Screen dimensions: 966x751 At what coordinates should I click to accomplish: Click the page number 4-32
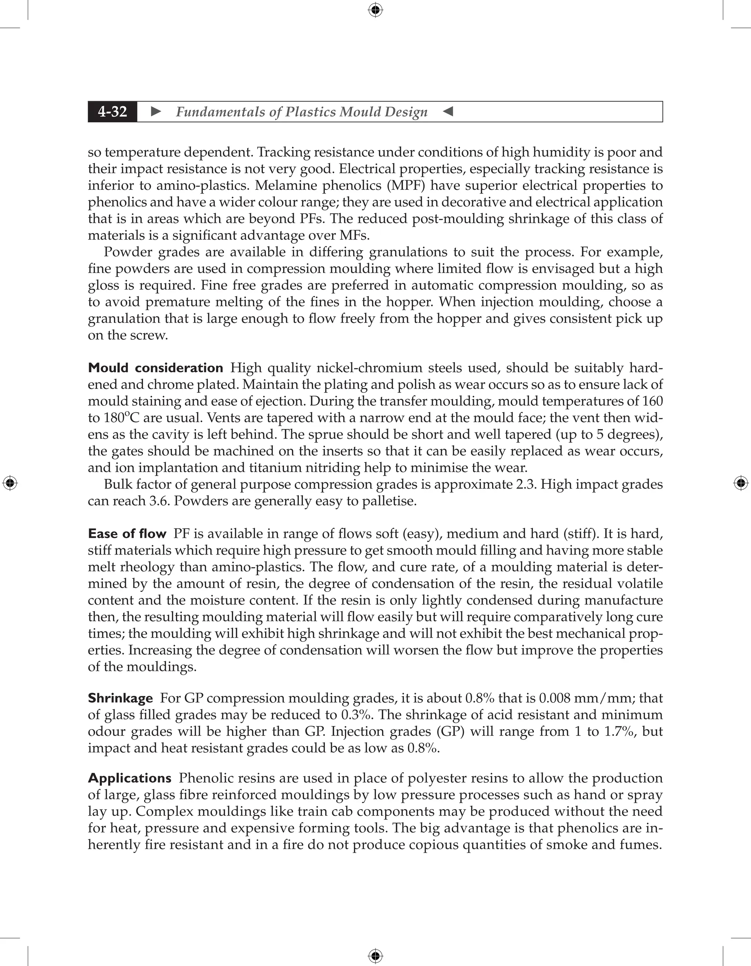pyautogui.click(x=113, y=112)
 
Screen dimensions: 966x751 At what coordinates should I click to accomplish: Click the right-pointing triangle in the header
pyautogui.click(x=156, y=112)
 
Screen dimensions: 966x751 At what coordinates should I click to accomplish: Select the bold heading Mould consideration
pyautogui.click(x=155, y=368)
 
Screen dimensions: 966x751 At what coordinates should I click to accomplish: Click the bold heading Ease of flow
pyautogui.click(x=127, y=534)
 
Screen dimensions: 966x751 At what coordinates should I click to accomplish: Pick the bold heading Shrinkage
pyautogui.click(x=120, y=698)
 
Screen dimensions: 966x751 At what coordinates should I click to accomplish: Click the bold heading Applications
pyautogui.click(x=130, y=778)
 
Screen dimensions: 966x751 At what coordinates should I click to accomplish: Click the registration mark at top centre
pyautogui.click(x=375, y=10)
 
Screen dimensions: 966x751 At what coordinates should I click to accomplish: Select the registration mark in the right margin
pyautogui.click(x=741, y=483)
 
